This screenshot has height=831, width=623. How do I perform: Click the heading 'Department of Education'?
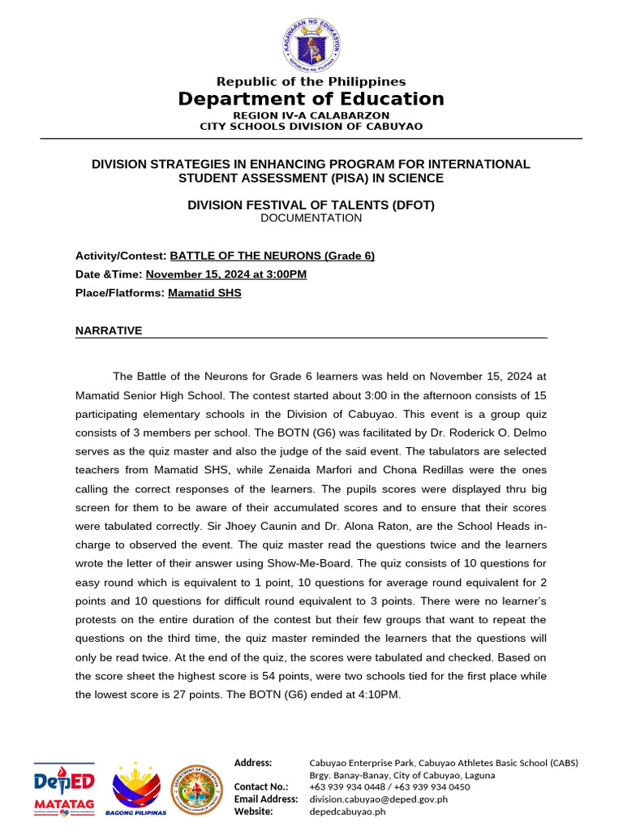click(311, 99)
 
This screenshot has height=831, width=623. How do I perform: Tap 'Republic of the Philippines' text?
click(311, 81)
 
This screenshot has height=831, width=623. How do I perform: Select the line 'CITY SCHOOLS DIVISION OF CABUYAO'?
click(311, 126)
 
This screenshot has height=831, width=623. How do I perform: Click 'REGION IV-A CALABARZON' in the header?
click(311, 115)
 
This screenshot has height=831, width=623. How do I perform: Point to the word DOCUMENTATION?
click(311, 217)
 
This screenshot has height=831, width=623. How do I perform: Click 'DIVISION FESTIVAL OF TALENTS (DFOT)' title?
click(311, 205)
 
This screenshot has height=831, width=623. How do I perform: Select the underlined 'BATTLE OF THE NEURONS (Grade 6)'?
click(272, 256)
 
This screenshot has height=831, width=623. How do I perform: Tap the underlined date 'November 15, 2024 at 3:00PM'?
click(226, 274)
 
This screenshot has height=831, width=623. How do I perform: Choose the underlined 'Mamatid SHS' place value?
click(204, 293)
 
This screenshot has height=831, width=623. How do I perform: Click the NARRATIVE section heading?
click(109, 330)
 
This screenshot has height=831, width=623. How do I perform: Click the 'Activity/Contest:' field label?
click(121, 256)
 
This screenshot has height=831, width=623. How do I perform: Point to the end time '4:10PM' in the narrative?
click(381, 695)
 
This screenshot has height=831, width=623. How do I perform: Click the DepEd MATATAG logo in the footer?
click(64, 788)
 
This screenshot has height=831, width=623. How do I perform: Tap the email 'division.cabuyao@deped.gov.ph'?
click(378, 799)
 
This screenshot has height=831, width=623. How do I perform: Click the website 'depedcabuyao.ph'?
click(347, 811)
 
